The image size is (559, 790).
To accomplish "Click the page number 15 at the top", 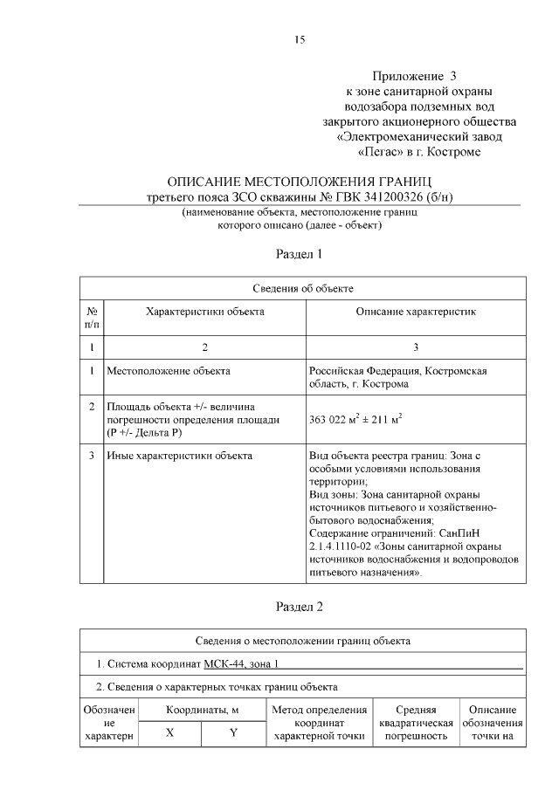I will (300, 40).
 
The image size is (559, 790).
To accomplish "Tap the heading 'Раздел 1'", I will (300, 255).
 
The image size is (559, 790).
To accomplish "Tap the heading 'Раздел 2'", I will (300, 606).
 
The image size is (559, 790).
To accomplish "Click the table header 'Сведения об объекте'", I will (303, 289).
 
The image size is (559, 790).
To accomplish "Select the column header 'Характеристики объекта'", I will (204, 312).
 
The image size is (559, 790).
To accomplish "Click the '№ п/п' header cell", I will (92, 318).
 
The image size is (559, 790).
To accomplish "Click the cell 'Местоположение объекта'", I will (168, 371).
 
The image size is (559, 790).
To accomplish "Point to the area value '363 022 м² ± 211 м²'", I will (356, 419).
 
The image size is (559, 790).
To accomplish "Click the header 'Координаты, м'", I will (203, 711).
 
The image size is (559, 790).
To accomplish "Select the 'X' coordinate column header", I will (169, 733).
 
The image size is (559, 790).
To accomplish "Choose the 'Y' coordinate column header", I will (233, 733).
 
